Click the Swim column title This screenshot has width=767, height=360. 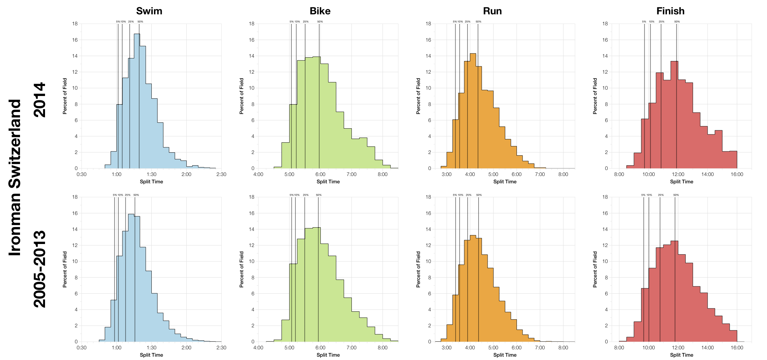pos(149,11)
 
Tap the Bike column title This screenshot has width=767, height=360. pos(320,11)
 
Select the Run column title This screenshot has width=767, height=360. pos(492,11)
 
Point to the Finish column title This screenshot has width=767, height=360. pos(670,11)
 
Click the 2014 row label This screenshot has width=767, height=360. pos(39,100)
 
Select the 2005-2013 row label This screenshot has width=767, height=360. pos(39,269)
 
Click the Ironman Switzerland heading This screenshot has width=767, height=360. pos(15,177)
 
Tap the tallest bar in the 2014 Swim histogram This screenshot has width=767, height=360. pos(137,100)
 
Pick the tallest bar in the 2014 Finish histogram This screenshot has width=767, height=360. pos(674,113)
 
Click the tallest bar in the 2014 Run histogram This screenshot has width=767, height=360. pos(473,110)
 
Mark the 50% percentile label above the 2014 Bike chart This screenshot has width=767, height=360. pos(320,22)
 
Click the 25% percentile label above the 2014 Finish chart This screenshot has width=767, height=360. pos(661,22)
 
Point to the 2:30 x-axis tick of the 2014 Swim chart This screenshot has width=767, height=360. pos(221,174)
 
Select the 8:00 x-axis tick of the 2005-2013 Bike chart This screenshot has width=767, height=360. pos(382,348)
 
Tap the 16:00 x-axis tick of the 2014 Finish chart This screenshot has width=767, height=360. pos(737,174)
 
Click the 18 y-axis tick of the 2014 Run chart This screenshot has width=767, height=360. pos(428,24)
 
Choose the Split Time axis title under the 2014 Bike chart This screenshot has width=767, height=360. pos(328,182)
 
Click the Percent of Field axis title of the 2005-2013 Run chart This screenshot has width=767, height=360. pos(418,269)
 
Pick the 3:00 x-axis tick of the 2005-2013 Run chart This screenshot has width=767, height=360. pos(447,348)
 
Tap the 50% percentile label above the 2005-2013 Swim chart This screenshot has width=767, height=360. pos(136,195)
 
